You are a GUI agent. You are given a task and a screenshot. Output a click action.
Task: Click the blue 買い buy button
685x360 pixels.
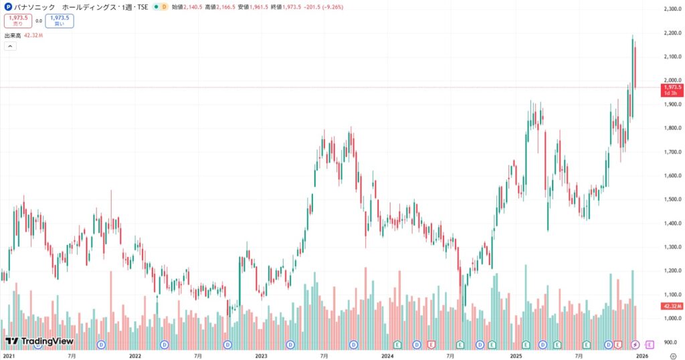(x=60, y=21)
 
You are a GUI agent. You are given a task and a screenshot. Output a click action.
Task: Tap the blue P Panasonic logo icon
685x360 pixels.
(x=7, y=7)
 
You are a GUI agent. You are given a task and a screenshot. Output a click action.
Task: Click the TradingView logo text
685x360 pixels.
(x=39, y=341)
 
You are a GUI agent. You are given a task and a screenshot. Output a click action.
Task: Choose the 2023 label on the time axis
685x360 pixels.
(x=261, y=356)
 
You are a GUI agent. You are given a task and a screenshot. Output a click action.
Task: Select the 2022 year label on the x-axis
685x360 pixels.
(x=134, y=356)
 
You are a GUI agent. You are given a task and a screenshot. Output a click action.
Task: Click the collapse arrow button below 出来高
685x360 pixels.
(x=10, y=46)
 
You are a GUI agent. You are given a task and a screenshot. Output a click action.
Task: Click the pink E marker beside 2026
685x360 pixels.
(x=649, y=344)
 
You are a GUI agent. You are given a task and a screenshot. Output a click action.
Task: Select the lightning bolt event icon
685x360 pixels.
(x=635, y=344)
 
